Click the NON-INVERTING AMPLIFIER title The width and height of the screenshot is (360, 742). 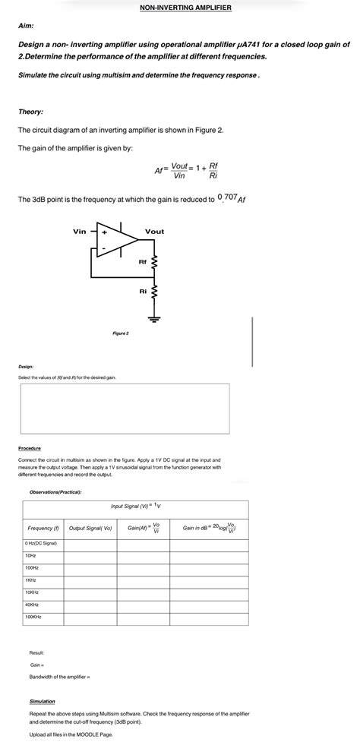pos(186,8)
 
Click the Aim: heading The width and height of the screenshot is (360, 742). pos(27,26)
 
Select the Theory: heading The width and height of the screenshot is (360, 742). pos(31,112)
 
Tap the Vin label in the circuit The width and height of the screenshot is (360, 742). pos(79,232)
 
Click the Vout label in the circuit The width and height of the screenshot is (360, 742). pos(155,232)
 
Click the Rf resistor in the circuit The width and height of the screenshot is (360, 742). pos(155,263)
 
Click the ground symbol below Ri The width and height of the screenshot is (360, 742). pos(155,317)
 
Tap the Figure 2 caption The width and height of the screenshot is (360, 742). pos(121,333)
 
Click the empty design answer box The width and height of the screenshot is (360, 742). pos(125,408)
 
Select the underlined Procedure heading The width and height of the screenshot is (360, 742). pos(30,448)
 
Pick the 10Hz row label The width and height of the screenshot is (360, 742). pos(31,555)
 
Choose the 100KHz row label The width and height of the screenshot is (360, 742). pos(34,617)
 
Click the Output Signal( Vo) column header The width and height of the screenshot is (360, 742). pos(90,528)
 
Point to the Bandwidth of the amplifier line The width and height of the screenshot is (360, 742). pos(60,677)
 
